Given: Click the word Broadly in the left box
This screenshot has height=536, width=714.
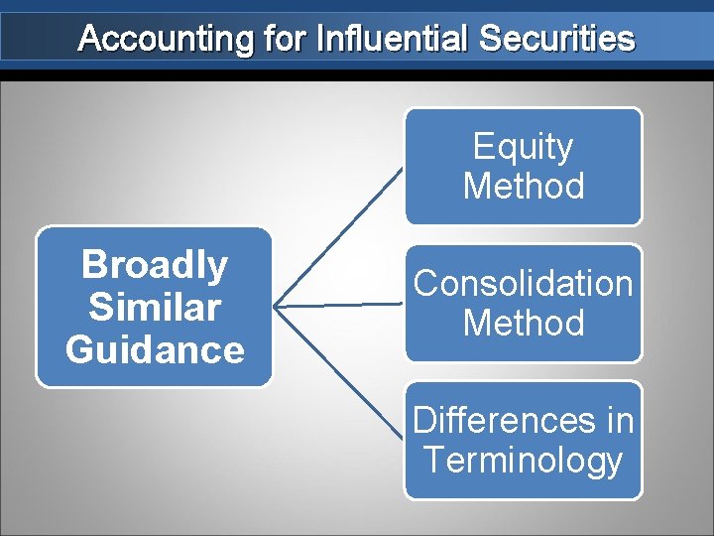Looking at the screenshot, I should (155, 265).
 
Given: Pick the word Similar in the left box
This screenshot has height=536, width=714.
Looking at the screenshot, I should (155, 308).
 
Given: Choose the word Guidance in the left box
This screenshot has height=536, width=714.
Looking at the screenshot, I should (155, 350).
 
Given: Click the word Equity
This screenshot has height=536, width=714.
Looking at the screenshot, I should (523, 147).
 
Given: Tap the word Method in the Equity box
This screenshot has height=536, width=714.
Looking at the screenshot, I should (523, 187).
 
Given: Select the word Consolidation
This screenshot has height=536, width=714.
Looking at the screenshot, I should (523, 284).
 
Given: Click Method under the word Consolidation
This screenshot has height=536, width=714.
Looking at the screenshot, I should (523, 324).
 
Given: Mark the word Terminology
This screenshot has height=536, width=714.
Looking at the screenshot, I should (523, 461).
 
